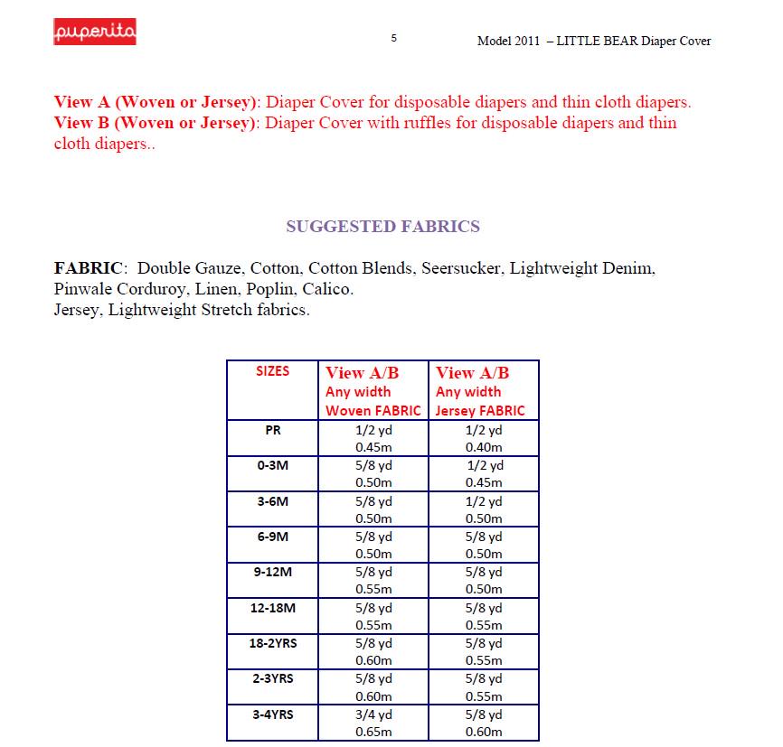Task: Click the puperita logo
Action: [x=95, y=33]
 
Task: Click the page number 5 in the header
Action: [x=393, y=38]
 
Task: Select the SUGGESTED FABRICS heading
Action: [x=382, y=227]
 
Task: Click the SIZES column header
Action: [x=273, y=371]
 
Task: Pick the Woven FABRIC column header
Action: [x=373, y=391]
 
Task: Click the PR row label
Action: [x=273, y=431]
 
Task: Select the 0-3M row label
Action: [x=273, y=466]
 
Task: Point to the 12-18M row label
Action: [x=273, y=608]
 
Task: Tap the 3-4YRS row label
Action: [x=273, y=714]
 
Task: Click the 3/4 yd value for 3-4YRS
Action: [x=373, y=714]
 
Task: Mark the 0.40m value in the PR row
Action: [x=483, y=447]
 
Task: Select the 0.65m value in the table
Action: [x=373, y=732]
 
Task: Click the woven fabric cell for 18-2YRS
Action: [x=373, y=652]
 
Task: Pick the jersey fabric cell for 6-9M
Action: [x=483, y=546]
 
